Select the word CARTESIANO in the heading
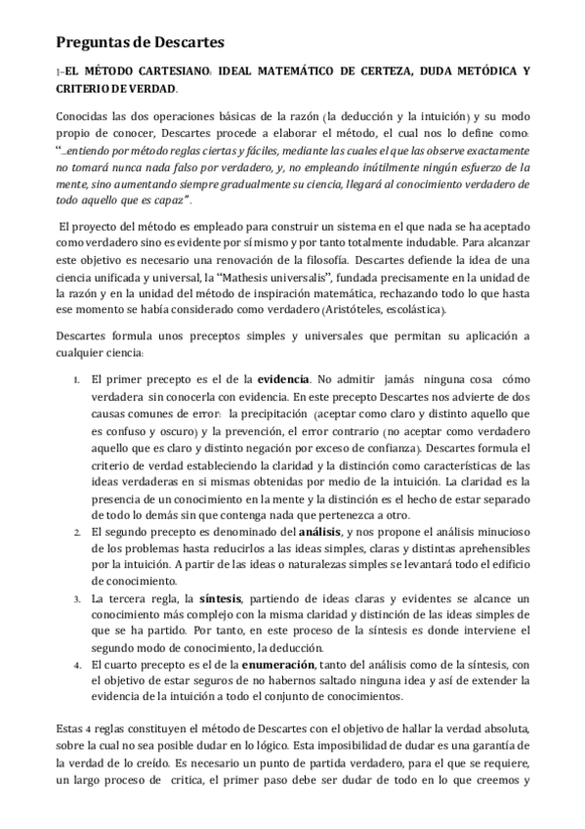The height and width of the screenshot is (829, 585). [x=170, y=71]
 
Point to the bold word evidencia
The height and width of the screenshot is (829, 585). [x=283, y=377]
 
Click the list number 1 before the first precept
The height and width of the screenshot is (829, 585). [x=76, y=378]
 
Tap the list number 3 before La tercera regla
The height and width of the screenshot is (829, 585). [x=76, y=598]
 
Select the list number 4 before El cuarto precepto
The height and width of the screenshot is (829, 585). [x=76, y=666]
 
